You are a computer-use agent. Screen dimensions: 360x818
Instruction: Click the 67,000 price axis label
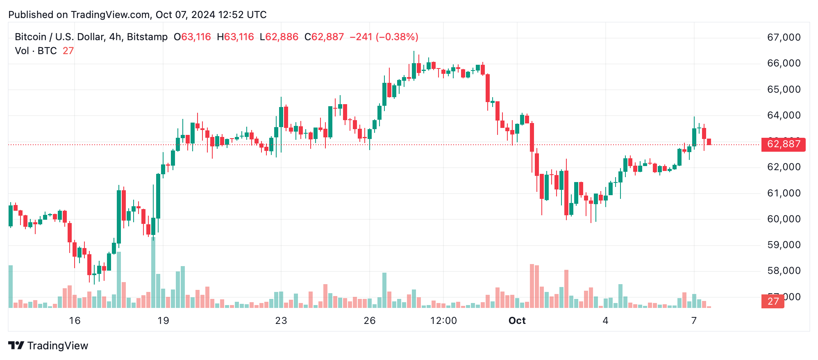pyautogui.click(x=784, y=37)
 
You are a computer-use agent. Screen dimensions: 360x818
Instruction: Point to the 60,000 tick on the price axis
pyautogui.click(x=784, y=219)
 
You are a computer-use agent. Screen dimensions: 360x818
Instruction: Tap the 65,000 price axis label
pyautogui.click(x=784, y=89)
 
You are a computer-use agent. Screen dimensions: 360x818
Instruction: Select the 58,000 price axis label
pyautogui.click(x=784, y=271)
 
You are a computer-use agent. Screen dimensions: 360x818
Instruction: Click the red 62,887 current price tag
pyautogui.click(x=783, y=144)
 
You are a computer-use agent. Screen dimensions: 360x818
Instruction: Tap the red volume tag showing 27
pyautogui.click(x=773, y=301)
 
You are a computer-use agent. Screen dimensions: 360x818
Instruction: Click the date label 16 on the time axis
pyautogui.click(x=75, y=321)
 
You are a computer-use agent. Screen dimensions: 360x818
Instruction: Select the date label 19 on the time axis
pyautogui.click(x=163, y=321)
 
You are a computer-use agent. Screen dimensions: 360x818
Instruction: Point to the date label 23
pyautogui.click(x=281, y=321)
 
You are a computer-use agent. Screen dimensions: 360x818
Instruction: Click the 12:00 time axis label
pyautogui.click(x=443, y=321)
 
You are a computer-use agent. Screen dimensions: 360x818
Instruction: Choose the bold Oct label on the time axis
pyautogui.click(x=517, y=321)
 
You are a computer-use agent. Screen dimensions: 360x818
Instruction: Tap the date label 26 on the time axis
pyautogui.click(x=370, y=321)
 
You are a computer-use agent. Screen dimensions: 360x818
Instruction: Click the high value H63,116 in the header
pyautogui.click(x=236, y=37)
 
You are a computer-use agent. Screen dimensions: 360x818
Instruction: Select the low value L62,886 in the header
pyautogui.click(x=279, y=37)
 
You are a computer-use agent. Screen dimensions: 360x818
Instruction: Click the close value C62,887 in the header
pyautogui.click(x=324, y=37)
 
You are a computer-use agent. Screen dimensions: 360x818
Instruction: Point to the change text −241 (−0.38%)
pyautogui.click(x=384, y=37)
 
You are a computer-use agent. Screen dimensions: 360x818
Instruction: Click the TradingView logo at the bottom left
pyautogui.click(x=48, y=346)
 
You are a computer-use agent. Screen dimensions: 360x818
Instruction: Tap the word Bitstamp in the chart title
pyautogui.click(x=147, y=37)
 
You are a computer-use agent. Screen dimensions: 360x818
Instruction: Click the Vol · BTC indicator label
pyautogui.click(x=36, y=51)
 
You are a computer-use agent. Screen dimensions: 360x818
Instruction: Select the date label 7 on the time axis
pyautogui.click(x=694, y=321)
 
